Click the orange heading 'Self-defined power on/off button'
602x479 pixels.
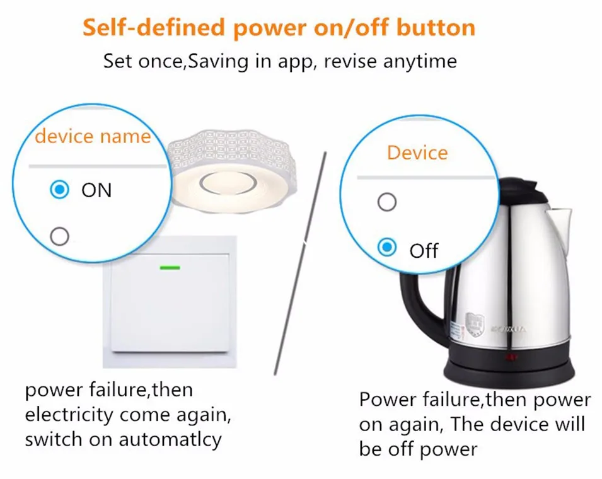pos(279,28)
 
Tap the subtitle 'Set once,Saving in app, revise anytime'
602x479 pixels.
pos(279,62)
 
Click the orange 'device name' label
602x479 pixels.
pos(93,136)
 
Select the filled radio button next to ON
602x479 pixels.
pos(59,190)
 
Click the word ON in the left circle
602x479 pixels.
pos(96,190)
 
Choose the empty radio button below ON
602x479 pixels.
pos(59,236)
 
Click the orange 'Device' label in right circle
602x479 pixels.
pos(417,153)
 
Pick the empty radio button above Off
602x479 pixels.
pos(386,202)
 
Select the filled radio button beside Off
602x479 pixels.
pos(386,248)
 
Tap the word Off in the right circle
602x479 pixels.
pos(424,250)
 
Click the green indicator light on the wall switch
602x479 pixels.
pos(170,267)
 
